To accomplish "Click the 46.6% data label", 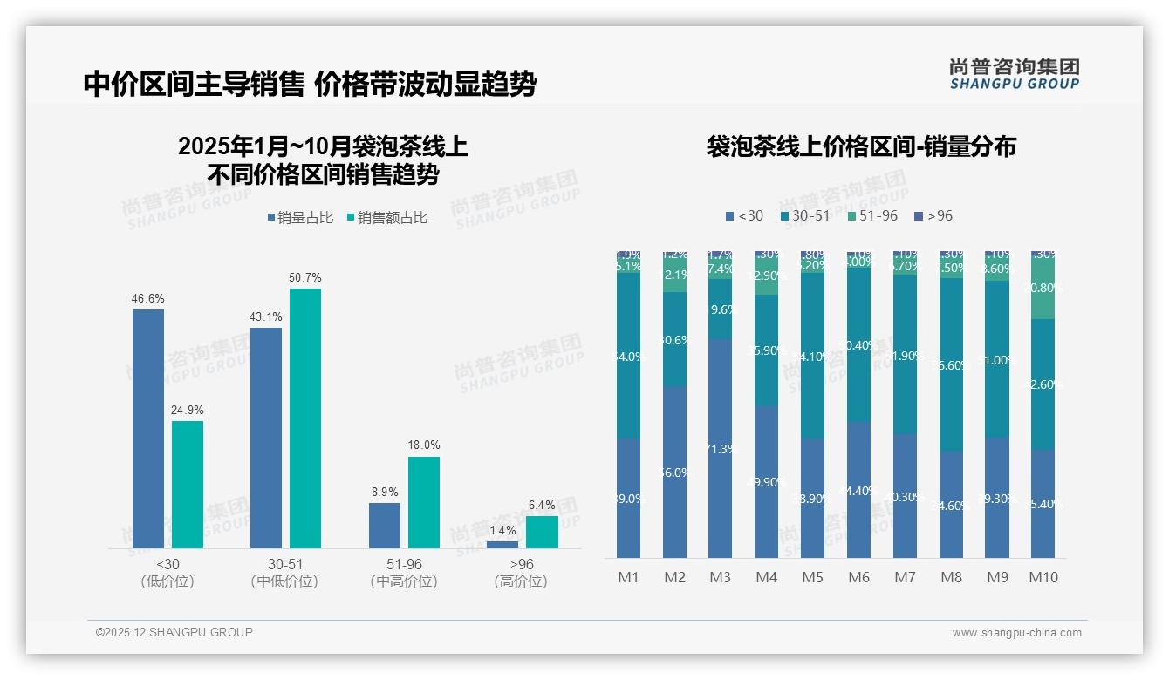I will (147, 298).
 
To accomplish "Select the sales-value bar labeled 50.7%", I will (304, 418).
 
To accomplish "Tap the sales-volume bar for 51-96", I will (384, 526).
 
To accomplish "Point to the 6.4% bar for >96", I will (542, 532).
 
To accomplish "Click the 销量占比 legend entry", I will (300, 218).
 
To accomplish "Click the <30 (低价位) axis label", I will (167, 573).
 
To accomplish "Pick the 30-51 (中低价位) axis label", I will (284, 573).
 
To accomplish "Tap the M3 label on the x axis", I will (720, 577).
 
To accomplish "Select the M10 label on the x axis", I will (1043, 577).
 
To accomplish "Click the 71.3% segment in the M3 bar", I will (720, 448).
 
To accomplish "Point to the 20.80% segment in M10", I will (1043, 288).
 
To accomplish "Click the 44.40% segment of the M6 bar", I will (858, 490).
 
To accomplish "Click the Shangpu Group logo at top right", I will (1014, 73).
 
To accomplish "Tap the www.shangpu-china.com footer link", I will (1016, 633).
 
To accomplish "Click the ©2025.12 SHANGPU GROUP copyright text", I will (174, 632).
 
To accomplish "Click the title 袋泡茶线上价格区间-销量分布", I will (860, 146).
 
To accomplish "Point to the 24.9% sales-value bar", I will (187, 485).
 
